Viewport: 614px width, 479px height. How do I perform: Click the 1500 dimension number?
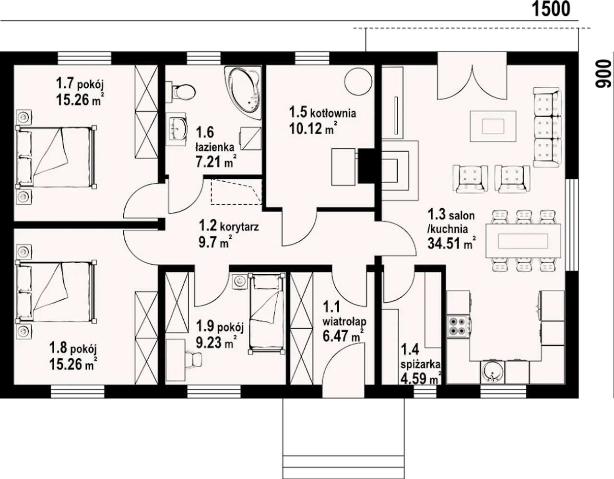[551, 10]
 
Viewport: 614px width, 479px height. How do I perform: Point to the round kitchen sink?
[492, 373]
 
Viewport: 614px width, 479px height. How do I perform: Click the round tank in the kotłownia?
[358, 82]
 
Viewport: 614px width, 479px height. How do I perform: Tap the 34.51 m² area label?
[451, 244]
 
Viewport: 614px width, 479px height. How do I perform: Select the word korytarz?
[239, 227]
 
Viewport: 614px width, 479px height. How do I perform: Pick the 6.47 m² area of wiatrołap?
[343, 336]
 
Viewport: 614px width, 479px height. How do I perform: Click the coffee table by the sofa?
[493, 126]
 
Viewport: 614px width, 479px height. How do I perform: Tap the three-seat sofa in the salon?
[547, 127]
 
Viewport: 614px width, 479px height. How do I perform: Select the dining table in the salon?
[523, 241]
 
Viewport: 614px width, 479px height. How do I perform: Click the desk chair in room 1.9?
[195, 359]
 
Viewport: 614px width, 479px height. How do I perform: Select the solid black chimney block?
[367, 166]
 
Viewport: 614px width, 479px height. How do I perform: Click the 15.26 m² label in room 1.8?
[73, 364]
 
